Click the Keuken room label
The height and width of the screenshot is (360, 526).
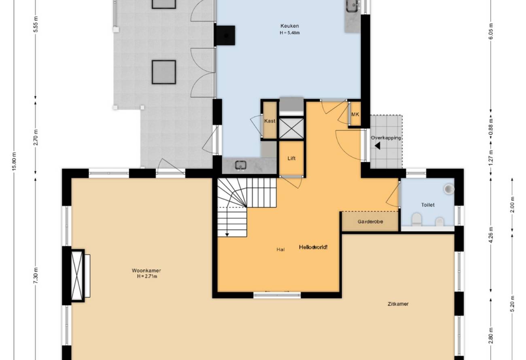click(x=290, y=26)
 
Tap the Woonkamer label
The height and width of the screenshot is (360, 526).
click(x=146, y=270)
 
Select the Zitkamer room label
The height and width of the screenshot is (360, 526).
click(x=398, y=304)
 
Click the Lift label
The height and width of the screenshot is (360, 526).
click(x=291, y=159)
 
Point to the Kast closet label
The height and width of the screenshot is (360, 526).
click(x=269, y=121)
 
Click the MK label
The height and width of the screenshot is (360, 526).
click(x=355, y=114)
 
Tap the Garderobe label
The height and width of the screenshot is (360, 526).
click(x=370, y=222)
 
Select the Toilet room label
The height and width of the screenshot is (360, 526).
click(x=428, y=205)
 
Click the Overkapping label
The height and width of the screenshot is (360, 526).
click(x=386, y=138)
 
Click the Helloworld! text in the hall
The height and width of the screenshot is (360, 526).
click(x=313, y=247)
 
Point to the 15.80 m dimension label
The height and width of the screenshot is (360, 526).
click(x=15, y=161)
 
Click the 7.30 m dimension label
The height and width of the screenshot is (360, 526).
click(x=36, y=275)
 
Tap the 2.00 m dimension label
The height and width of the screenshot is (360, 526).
click(x=512, y=205)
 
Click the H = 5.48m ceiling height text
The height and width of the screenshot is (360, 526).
click(x=290, y=33)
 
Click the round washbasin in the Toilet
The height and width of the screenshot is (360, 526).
click(x=449, y=189)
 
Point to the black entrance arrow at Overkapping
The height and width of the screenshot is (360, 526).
click(x=378, y=146)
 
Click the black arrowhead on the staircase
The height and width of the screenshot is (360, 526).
click(x=227, y=235)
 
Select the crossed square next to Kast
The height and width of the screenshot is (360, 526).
click(x=291, y=128)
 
